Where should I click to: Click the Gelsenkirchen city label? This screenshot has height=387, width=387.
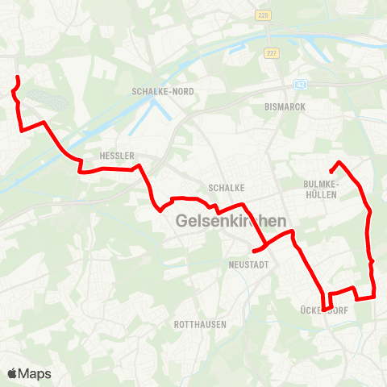[x=232, y=219]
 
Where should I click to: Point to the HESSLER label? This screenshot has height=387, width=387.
[x=115, y=155]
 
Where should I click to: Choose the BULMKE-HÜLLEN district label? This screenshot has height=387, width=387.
[x=323, y=188]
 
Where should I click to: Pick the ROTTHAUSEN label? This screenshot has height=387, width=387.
[x=200, y=324]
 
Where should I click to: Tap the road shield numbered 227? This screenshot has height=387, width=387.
[x=269, y=53]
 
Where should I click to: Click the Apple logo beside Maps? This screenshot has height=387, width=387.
[x=13, y=373]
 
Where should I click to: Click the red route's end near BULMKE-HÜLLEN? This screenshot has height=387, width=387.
[x=331, y=172]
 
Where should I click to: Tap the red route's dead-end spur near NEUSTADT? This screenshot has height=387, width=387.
[x=254, y=252]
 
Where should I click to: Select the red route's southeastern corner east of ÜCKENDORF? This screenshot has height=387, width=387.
[x=375, y=297]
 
